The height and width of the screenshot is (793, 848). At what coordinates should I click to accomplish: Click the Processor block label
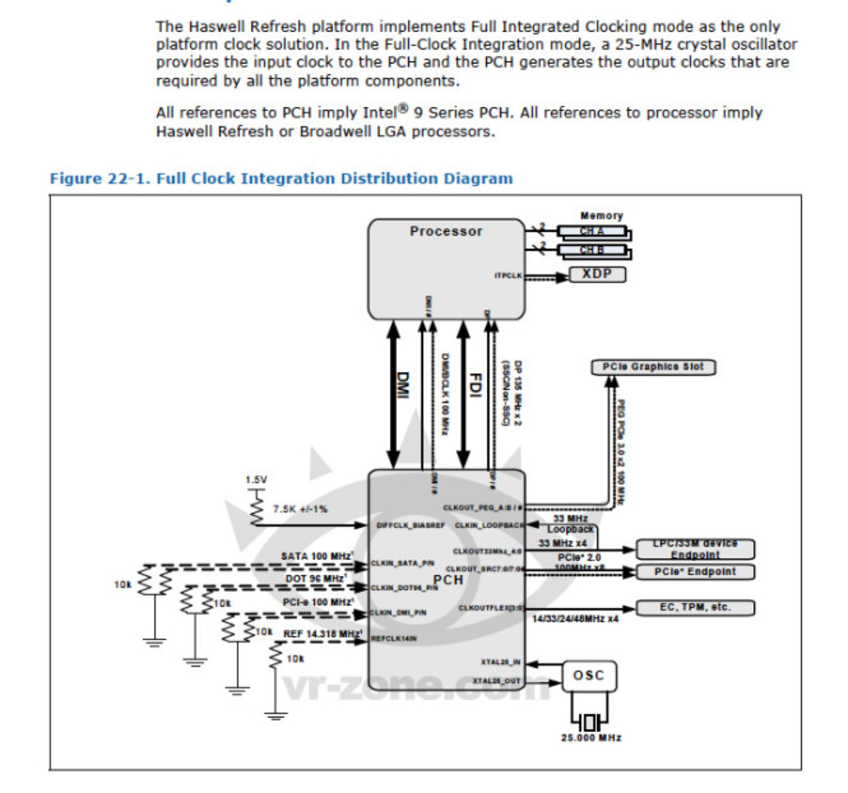pyautogui.click(x=446, y=231)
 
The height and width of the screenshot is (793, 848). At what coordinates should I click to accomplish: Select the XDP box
pyautogui.click(x=597, y=274)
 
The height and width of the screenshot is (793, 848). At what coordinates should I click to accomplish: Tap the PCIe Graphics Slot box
pyautogui.click(x=653, y=367)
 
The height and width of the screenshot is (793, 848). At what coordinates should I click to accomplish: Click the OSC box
pyautogui.click(x=588, y=676)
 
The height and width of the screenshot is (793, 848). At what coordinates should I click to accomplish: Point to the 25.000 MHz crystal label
pyautogui.click(x=591, y=737)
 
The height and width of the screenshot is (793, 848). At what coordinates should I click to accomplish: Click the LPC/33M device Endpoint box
pyautogui.click(x=694, y=549)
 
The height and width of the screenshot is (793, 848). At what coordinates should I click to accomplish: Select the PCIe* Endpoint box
pyautogui.click(x=694, y=572)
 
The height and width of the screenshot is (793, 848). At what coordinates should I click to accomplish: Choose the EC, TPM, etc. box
pyautogui.click(x=694, y=608)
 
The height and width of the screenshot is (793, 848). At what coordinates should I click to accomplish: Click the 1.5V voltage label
pyautogui.click(x=256, y=480)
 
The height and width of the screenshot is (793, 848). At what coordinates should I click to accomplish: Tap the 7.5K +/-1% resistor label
pyautogui.click(x=300, y=509)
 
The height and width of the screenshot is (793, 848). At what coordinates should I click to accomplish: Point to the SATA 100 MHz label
pyautogui.click(x=317, y=556)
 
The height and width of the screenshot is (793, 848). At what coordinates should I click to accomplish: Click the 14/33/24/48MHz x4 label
pyautogui.click(x=575, y=619)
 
